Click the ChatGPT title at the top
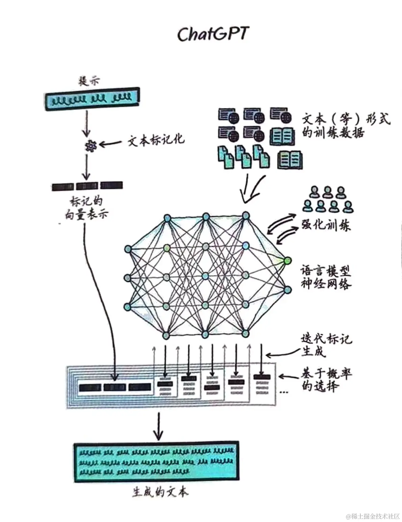[x=213, y=34]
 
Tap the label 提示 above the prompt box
[x=89, y=81]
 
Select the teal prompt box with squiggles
[x=93, y=98]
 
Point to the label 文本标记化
[x=156, y=140]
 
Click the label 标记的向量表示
[x=86, y=208]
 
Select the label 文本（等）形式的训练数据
[x=345, y=125]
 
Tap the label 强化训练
[x=326, y=225]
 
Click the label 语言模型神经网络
[x=326, y=277]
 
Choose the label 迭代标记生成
[x=326, y=345]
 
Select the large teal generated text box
[x=156, y=462]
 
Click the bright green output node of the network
[x=287, y=260]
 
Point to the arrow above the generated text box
[x=158, y=426]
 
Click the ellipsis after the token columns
[x=284, y=392]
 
